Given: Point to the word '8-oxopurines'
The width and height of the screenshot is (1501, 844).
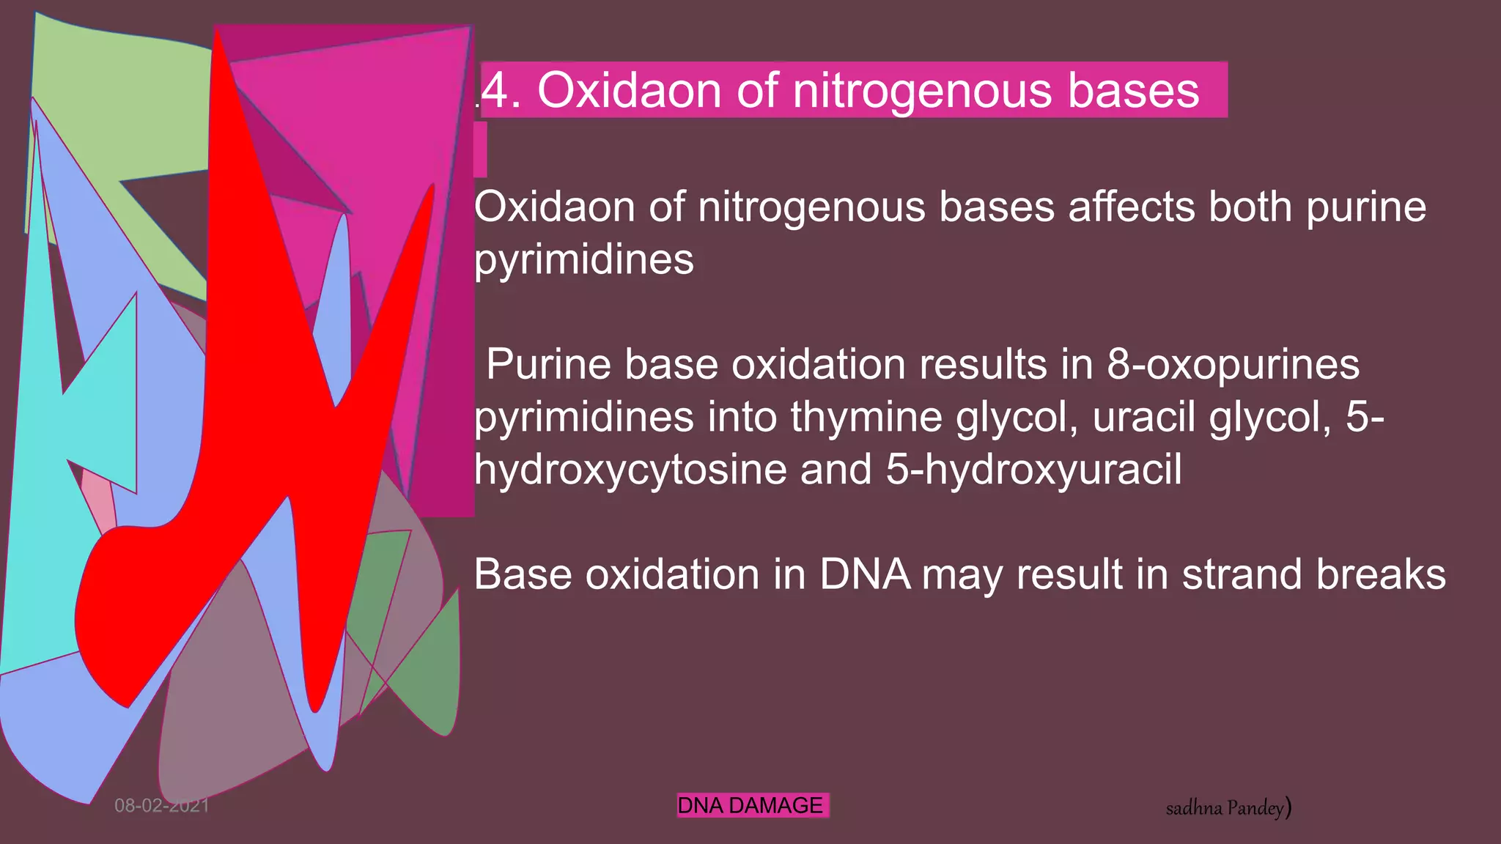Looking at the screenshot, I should pos(1233,365).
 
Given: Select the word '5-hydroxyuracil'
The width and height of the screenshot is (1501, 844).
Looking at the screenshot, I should pos(1033,470).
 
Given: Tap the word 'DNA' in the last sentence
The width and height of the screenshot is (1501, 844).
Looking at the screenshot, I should pos(865,574).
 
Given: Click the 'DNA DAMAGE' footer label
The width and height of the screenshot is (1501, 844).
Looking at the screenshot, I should pos(750,806).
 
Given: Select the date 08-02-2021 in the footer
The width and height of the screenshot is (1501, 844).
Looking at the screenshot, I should pos(162,806).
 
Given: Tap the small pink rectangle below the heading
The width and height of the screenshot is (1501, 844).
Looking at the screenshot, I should pos(480,149).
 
